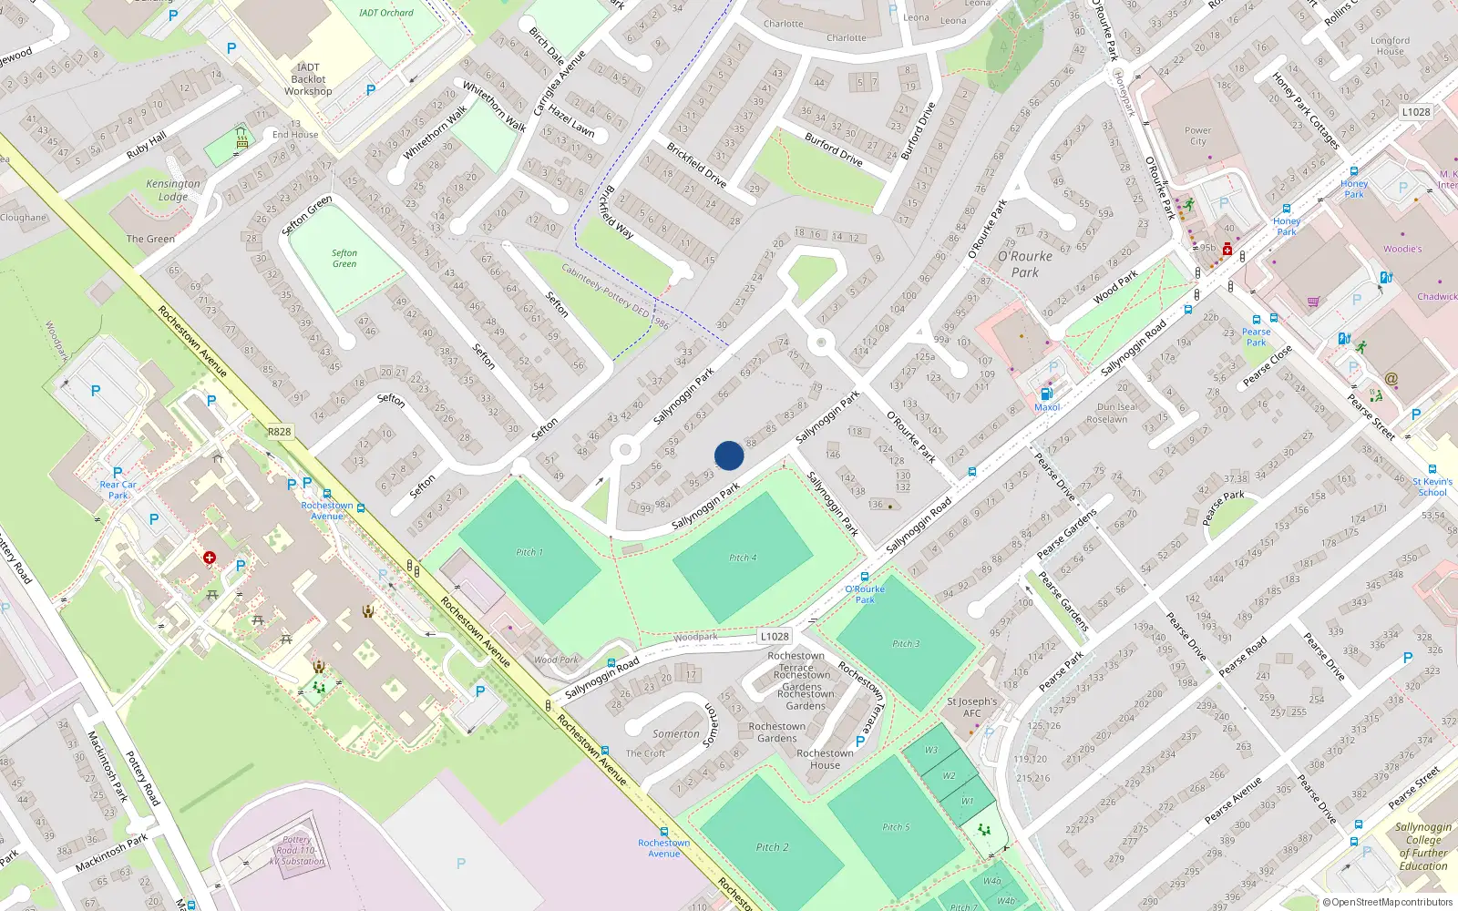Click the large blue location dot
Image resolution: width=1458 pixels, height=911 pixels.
tap(729, 455)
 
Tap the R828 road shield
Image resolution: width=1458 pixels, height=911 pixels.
tap(280, 432)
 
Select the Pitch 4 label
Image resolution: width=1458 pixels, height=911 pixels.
tap(742, 558)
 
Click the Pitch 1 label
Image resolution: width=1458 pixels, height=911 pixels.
tap(529, 552)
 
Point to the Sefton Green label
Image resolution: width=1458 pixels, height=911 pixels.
tap(344, 259)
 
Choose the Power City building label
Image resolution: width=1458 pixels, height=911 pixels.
tap(1197, 136)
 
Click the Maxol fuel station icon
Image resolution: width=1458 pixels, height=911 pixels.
tap(1046, 394)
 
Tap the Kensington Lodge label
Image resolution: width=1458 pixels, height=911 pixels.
tap(173, 189)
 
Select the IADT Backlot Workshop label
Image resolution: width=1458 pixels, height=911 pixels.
tap(308, 79)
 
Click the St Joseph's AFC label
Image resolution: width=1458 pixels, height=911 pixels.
tap(972, 707)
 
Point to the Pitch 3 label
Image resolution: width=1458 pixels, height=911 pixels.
tap(906, 643)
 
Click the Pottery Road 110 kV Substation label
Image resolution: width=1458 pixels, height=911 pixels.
tap(297, 850)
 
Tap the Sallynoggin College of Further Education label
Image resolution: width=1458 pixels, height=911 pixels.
tap(1422, 846)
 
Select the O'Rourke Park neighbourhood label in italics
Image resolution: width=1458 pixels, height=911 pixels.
tap(1025, 264)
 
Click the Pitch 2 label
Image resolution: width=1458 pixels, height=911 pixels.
tap(773, 847)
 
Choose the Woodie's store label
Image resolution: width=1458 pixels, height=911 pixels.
tap(1402, 249)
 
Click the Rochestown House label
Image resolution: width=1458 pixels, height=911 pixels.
tap(825, 759)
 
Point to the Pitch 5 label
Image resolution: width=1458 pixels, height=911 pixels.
tap(896, 827)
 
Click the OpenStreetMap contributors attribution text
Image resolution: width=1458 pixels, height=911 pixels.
tap(1388, 903)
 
